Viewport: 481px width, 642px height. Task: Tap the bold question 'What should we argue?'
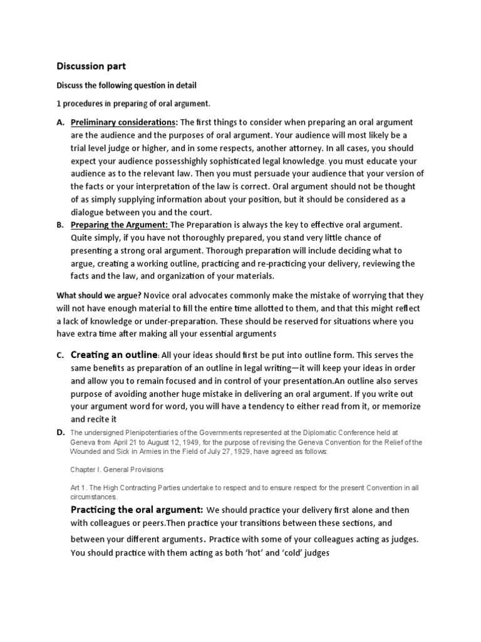(x=100, y=295)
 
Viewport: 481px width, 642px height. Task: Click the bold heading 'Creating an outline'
(x=113, y=355)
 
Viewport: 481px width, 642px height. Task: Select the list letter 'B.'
(x=61, y=224)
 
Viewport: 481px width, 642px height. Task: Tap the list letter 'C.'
(x=61, y=355)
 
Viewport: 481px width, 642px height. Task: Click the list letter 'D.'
(x=61, y=433)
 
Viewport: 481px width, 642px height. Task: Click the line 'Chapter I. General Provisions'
(x=118, y=468)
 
